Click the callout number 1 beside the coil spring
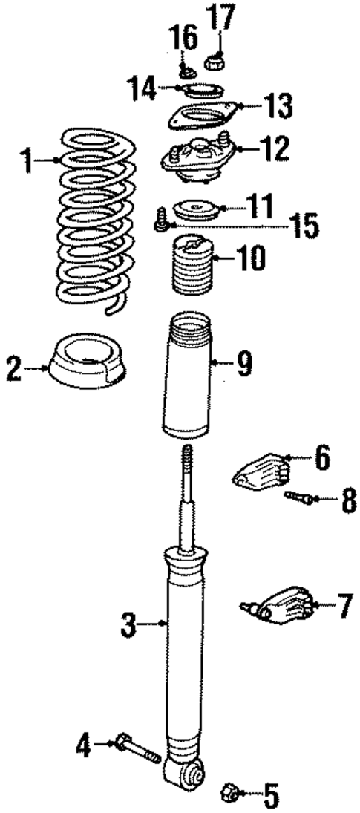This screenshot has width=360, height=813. pos(27,160)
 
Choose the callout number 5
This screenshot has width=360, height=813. pos(271,797)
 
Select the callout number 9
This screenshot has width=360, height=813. pos(243,363)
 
